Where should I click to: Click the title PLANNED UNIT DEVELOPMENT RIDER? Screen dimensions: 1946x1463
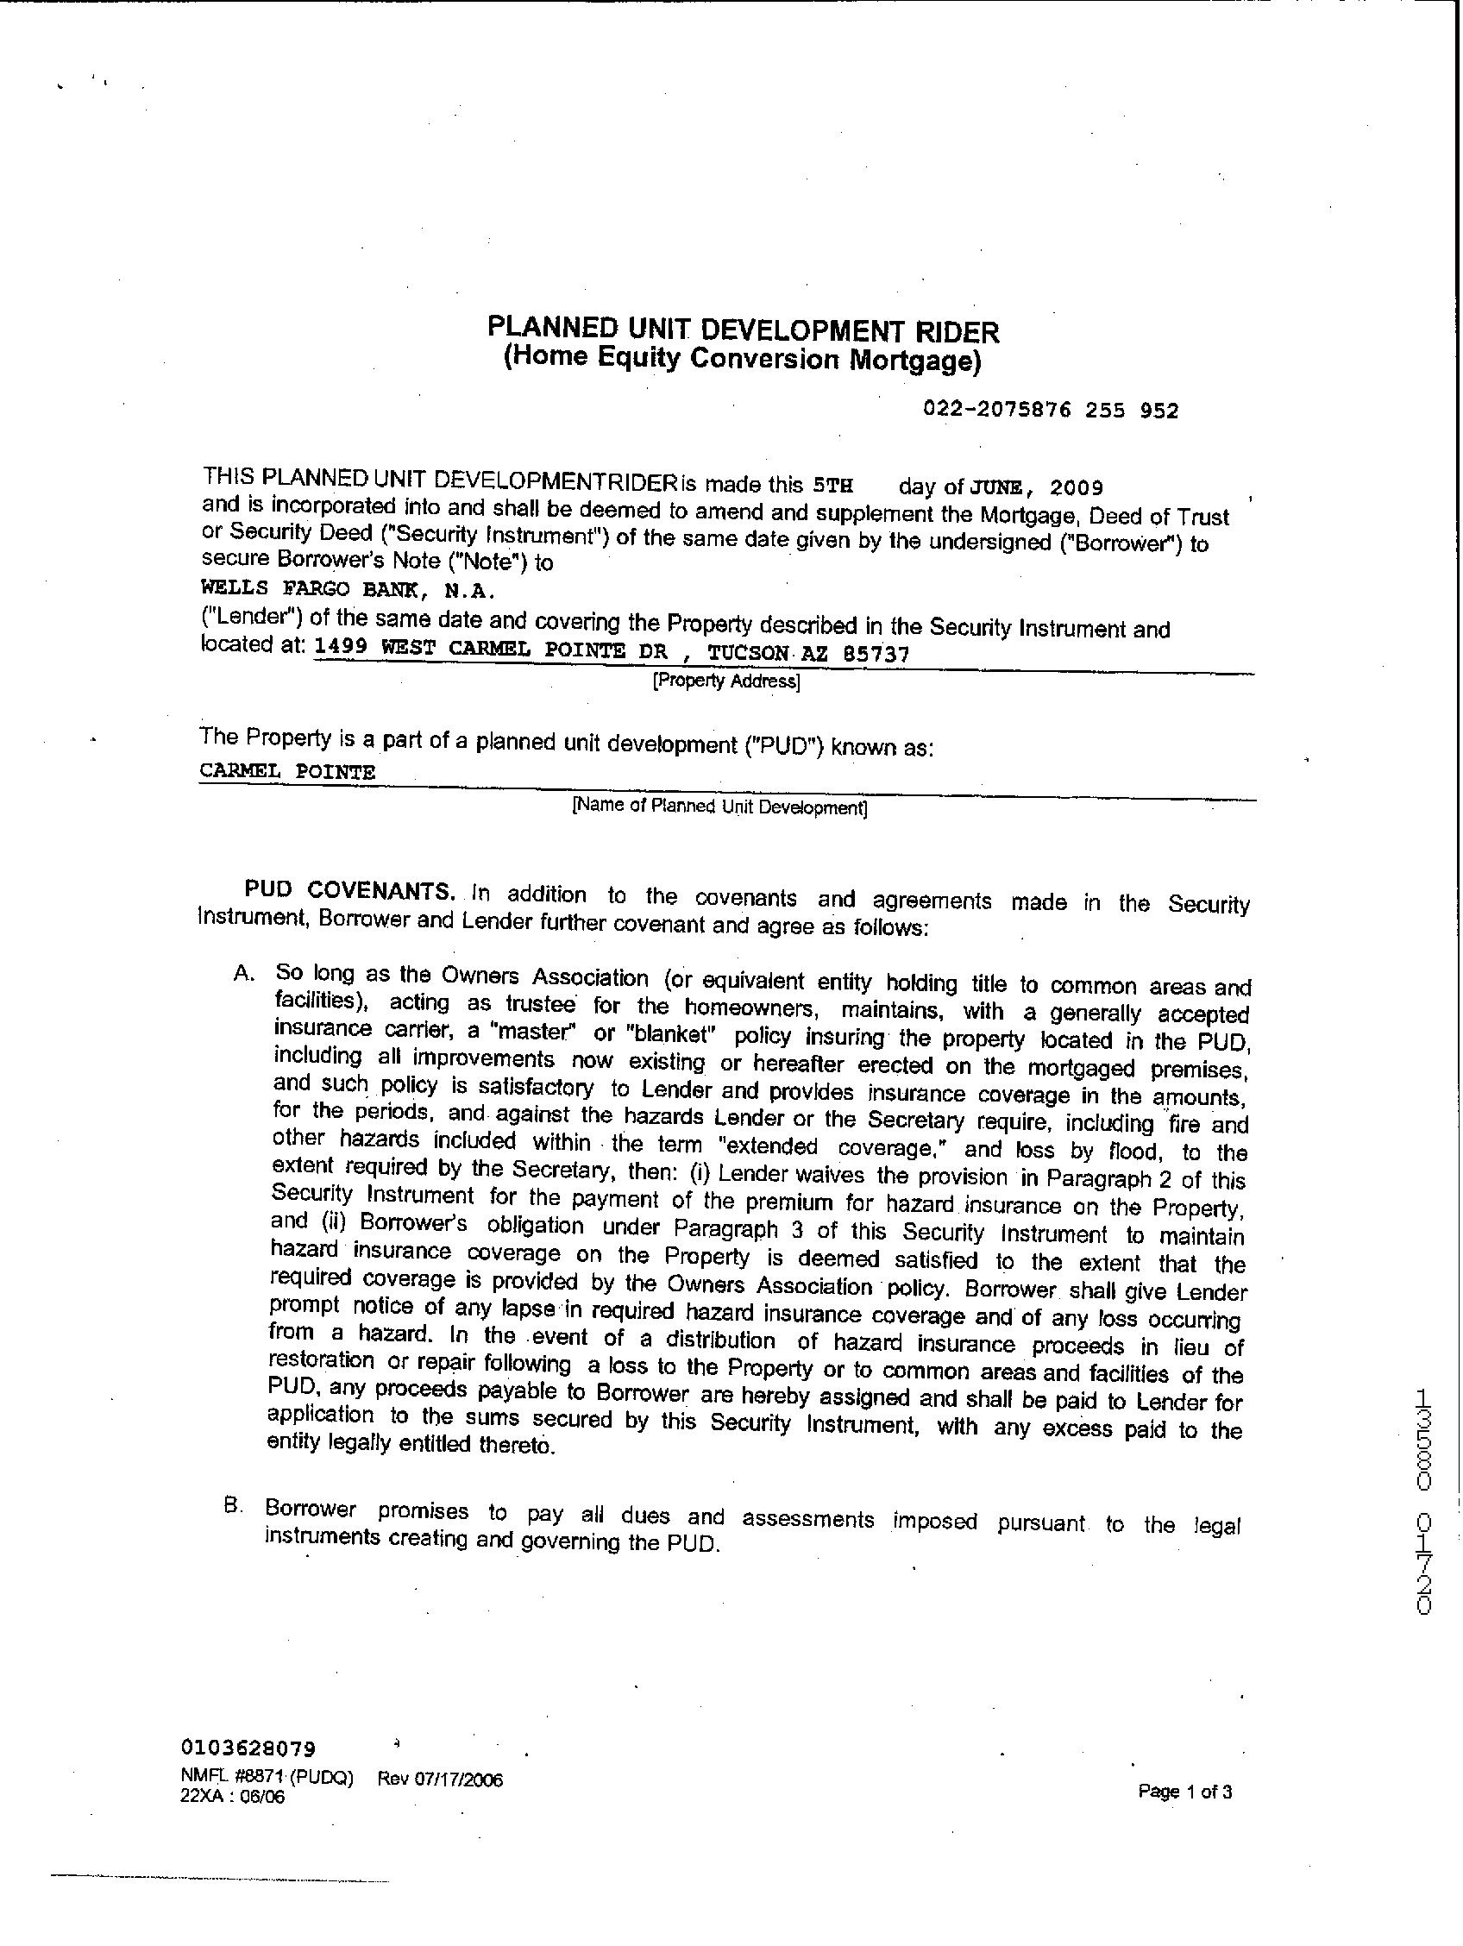point(744,330)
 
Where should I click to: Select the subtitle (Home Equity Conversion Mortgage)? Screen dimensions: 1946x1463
point(742,360)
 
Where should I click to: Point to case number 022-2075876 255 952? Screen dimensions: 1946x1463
point(1051,410)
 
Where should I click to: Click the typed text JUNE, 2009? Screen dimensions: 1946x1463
point(1036,487)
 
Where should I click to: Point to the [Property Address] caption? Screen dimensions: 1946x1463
point(725,681)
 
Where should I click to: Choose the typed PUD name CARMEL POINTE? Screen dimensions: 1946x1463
point(287,771)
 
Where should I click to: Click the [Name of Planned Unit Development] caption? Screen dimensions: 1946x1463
point(719,807)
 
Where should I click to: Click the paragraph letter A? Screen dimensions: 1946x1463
point(243,973)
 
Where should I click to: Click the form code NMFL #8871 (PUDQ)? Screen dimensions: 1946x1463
point(267,1778)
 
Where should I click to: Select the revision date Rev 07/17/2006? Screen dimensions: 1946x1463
point(440,1779)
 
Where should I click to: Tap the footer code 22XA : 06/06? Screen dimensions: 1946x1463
point(232,1798)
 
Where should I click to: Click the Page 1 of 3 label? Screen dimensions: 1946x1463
point(1184,1791)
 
